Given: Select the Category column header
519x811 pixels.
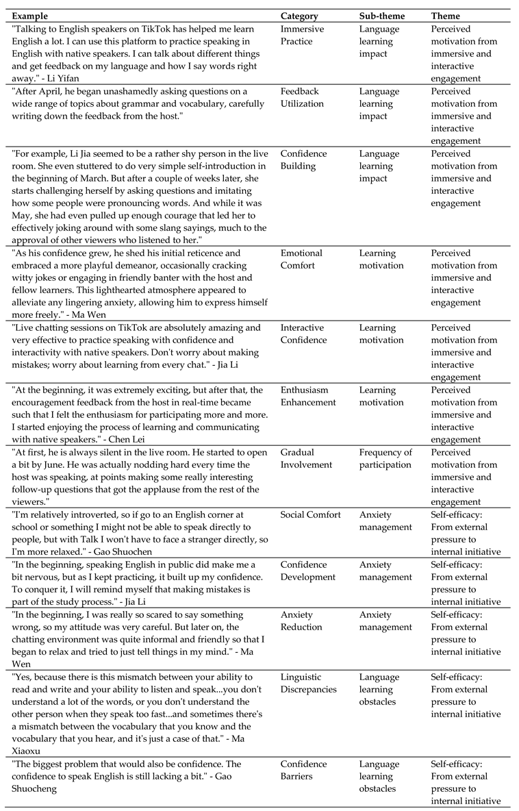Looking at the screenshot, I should click(299, 16).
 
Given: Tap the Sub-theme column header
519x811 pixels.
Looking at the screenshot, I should click(382, 16).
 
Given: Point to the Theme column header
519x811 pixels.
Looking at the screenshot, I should click(445, 16).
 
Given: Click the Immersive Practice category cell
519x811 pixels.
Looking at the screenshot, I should click(302, 36).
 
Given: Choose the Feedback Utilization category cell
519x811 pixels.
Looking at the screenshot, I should click(302, 98).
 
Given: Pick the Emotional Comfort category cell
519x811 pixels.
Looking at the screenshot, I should click(302, 260).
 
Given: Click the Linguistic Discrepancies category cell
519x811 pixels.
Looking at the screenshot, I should click(309, 684).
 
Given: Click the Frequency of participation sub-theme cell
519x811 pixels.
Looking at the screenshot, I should click(385, 459).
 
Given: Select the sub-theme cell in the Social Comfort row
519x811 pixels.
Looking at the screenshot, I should click(385, 521).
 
